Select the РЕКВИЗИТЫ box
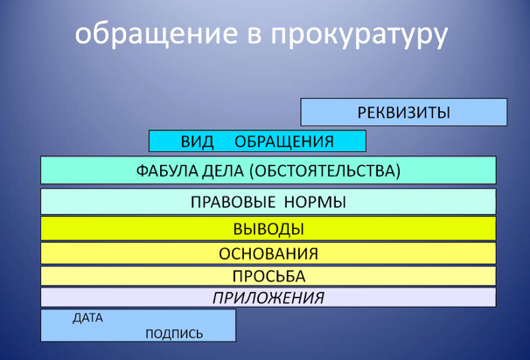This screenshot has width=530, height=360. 404,112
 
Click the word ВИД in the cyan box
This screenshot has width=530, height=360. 198,142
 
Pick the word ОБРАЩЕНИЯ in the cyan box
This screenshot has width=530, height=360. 284,142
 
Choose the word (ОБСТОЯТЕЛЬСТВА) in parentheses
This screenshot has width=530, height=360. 324,170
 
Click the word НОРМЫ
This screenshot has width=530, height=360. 315,203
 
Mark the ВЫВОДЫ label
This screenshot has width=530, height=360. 268,229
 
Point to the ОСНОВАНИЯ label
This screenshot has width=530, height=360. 268,254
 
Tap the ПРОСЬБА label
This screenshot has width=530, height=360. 268,277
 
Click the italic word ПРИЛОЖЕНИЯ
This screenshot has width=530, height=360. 268,298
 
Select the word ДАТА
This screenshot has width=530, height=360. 87,318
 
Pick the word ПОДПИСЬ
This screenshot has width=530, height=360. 174,334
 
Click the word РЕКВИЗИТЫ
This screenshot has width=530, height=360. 404,113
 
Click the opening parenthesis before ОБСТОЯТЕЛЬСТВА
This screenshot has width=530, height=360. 252,171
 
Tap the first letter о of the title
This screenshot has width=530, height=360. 82,35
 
